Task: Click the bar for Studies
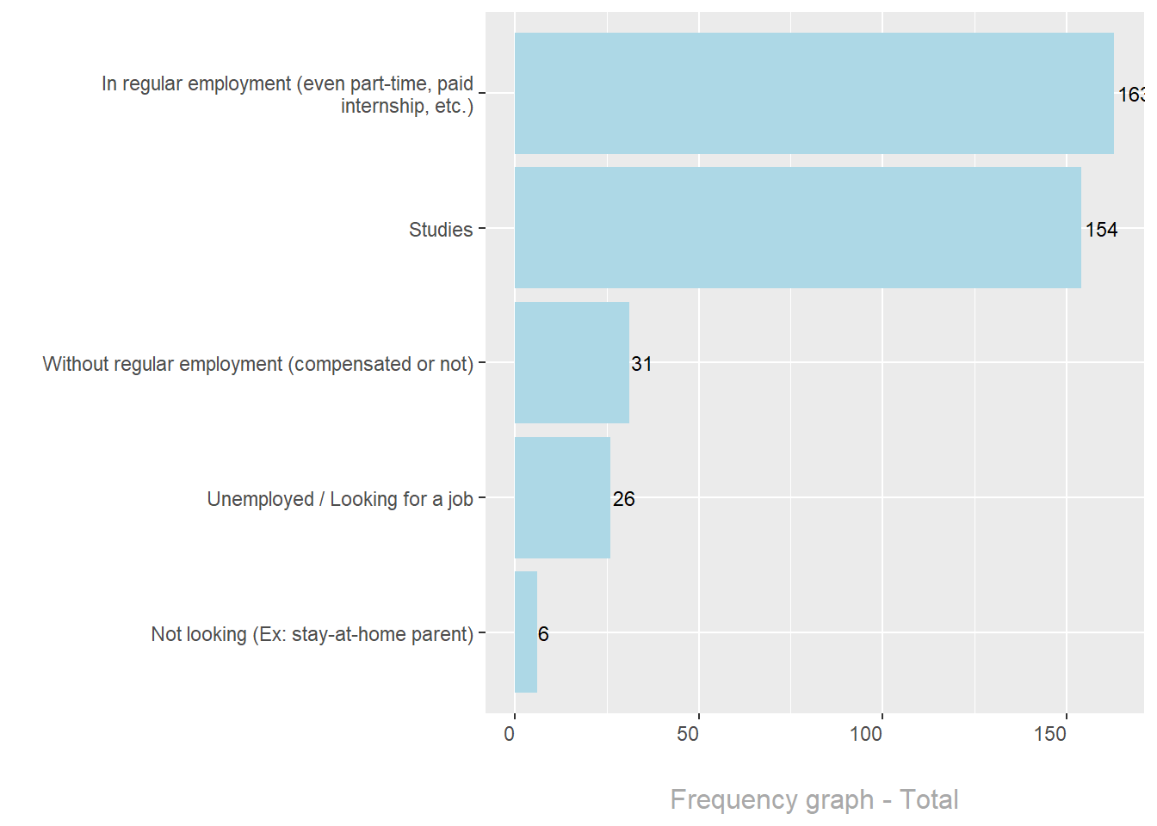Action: click(797, 228)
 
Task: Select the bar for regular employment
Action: click(814, 93)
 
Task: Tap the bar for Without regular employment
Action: click(572, 362)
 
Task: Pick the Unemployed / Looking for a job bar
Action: click(562, 497)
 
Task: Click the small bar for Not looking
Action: click(526, 632)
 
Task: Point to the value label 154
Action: click(1101, 230)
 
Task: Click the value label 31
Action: click(641, 364)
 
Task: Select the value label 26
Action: click(623, 499)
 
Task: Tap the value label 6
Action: click(543, 634)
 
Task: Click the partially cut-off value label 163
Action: click(1131, 95)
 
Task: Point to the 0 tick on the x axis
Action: click(510, 734)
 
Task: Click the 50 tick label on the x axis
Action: click(688, 734)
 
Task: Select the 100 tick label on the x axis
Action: click(866, 734)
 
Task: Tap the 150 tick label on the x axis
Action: click(1050, 734)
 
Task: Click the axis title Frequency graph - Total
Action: click(814, 799)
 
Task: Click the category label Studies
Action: click(441, 230)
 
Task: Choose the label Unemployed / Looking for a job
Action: click(340, 499)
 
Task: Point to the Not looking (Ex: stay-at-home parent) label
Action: click(312, 634)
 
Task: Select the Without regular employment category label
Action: click(258, 364)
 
